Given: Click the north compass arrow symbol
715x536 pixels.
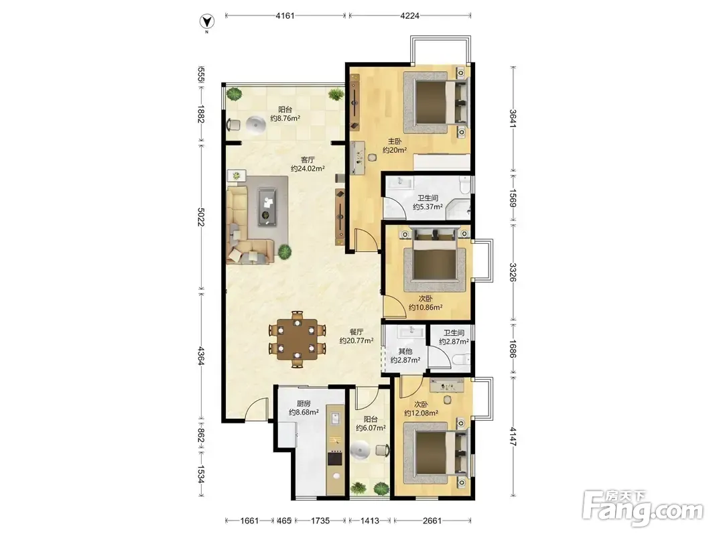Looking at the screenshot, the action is (208, 21).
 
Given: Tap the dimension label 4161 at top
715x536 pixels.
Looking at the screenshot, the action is (285, 15).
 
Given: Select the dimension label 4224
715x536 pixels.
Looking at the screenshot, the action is (409, 15).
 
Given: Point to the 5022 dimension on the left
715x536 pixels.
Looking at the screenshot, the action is (201, 217).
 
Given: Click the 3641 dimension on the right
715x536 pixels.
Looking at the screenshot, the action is (513, 119).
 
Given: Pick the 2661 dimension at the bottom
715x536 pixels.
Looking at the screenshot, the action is (432, 521).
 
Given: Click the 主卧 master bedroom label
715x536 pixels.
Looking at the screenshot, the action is (395, 141).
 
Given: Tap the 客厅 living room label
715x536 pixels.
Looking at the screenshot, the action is (308, 160).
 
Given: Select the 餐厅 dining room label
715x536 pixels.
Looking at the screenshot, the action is (356, 332).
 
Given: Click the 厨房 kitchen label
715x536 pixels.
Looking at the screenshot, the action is (304, 403).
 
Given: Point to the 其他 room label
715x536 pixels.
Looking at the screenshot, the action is (405, 351).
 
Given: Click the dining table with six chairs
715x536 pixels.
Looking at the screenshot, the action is (298, 339).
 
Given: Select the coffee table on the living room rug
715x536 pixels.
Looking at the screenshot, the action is (267, 207).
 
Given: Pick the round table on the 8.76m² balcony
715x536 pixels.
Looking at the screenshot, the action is (255, 124).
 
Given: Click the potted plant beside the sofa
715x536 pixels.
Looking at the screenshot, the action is (285, 251).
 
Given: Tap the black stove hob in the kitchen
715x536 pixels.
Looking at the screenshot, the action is (335, 458).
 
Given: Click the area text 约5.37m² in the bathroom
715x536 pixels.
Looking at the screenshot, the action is (428, 207).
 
